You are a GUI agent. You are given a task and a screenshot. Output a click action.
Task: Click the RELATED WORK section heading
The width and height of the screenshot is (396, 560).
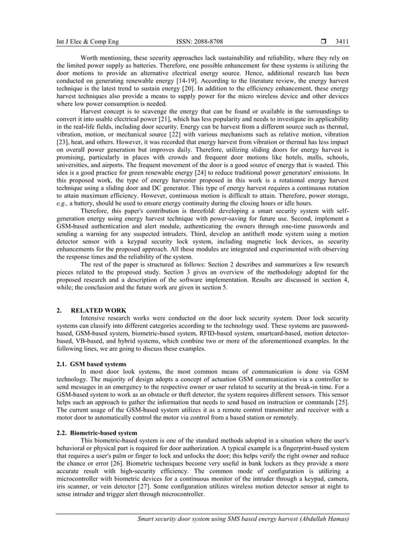tap(99, 310)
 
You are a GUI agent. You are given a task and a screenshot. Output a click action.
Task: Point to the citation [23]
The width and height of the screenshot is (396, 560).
tap(64, 142)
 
